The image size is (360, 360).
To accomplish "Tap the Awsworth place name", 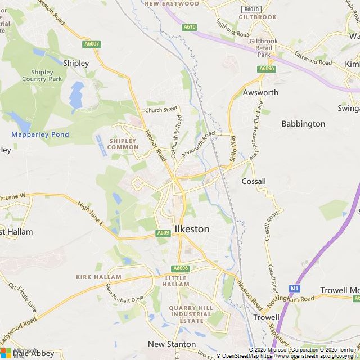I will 260,92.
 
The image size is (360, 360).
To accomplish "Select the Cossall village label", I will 253,181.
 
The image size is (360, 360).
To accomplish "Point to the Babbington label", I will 303,123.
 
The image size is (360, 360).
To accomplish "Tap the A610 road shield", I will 189,27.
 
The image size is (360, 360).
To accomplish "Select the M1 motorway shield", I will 295,289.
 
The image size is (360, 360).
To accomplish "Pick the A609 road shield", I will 163,233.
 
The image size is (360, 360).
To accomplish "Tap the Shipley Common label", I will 123,143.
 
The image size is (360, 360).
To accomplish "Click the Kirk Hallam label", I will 99,277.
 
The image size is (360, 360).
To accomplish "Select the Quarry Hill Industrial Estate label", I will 192,314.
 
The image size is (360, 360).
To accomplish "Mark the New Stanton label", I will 172,344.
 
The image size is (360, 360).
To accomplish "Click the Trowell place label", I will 266,317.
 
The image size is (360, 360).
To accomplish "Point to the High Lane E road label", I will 91,214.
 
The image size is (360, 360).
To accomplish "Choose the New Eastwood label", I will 172,3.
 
